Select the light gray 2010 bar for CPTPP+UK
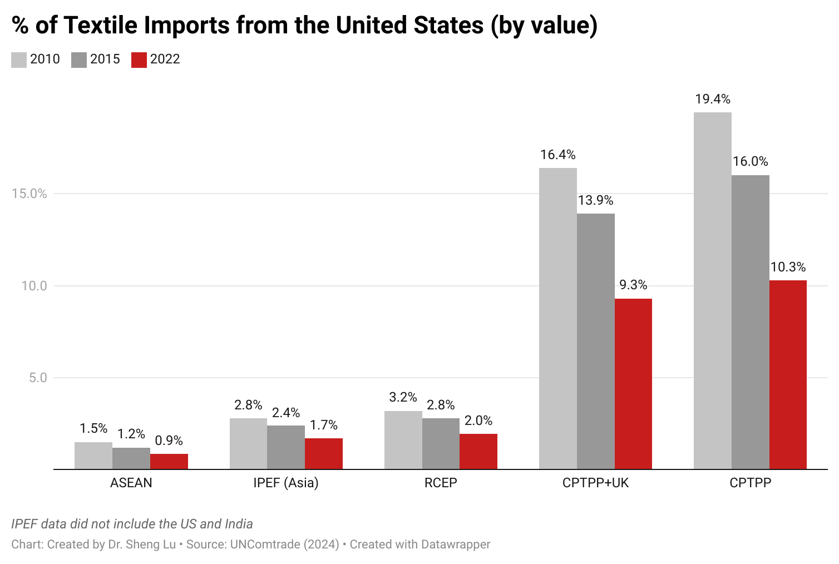[x=557, y=318]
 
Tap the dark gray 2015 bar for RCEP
[x=441, y=444]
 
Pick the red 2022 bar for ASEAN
[x=169, y=462]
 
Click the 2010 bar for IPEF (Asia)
[x=248, y=444]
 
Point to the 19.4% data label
[x=712, y=99]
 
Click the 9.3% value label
[x=633, y=285]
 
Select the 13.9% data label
[x=595, y=200]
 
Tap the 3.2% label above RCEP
[x=403, y=397]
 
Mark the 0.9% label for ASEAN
[x=169, y=441]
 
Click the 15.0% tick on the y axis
[x=29, y=194]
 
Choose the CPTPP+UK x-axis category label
[x=595, y=483]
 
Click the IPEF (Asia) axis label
[x=286, y=483]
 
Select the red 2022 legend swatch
[x=139, y=60]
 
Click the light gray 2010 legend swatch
[x=19, y=60]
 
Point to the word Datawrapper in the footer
[x=455, y=544]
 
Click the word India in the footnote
[x=239, y=524]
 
